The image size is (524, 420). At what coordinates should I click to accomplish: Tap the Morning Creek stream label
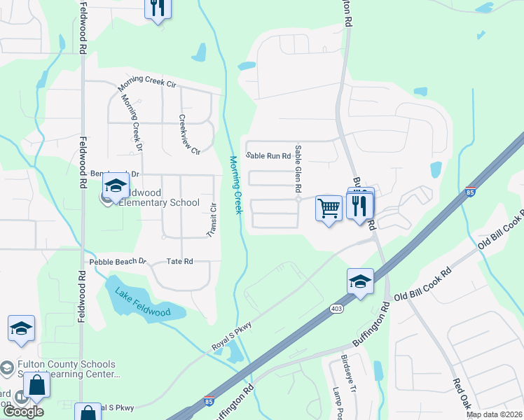(235, 185)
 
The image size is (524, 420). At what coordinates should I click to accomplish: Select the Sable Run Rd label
(268, 155)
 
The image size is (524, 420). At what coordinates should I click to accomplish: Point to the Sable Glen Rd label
(298, 169)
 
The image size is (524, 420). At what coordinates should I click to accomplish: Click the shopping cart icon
(329, 208)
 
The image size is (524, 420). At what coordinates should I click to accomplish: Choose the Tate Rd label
(180, 261)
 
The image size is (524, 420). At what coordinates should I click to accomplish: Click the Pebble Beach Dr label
(118, 262)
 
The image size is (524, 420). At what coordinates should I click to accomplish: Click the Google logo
(24, 412)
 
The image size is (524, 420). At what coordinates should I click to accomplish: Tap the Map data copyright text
(494, 414)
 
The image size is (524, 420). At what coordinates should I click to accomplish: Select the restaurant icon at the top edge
(158, 8)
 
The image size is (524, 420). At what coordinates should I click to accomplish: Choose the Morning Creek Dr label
(132, 122)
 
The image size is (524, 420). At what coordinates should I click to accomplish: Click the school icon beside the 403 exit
(360, 282)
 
